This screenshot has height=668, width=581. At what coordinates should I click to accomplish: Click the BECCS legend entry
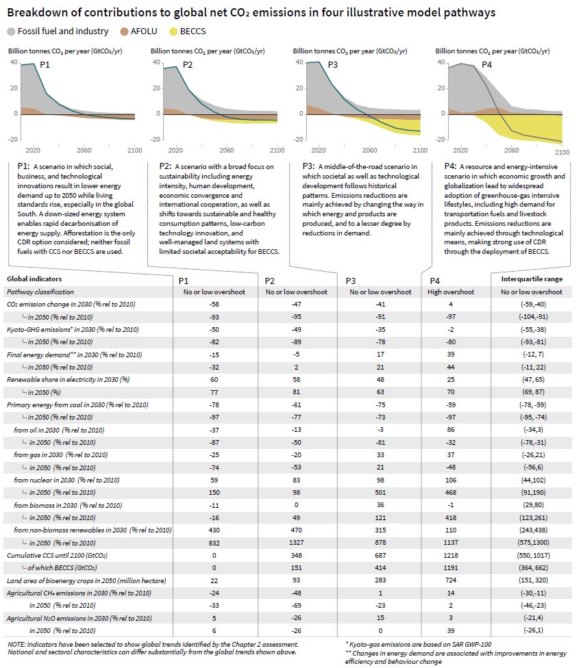pos(188,31)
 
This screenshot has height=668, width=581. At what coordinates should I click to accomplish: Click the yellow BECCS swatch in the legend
pos(173,31)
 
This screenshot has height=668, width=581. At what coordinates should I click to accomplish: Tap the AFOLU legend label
pos(144,31)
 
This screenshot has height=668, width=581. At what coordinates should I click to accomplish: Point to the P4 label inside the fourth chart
pos(486,65)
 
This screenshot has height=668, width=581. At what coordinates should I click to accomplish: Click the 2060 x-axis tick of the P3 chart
pos(369,151)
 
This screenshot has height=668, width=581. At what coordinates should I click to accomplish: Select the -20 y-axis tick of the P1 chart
pos(13,140)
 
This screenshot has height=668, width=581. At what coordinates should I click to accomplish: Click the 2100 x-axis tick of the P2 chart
pos(277,151)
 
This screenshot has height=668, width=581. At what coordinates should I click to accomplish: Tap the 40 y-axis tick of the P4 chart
pos(441,62)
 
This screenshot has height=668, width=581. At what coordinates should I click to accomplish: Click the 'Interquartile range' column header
pos(532,279)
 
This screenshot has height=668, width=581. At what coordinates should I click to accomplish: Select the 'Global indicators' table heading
pos(34,279)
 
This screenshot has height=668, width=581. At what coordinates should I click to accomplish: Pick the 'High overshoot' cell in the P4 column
pos(451,292)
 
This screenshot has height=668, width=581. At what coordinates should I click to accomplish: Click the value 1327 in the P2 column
pos(296,542)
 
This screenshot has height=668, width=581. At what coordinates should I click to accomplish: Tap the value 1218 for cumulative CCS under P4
pos(450,555)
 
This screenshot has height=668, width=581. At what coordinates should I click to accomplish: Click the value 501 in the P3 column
pos(380,493)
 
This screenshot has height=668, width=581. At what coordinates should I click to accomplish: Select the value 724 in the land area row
pos(450,580)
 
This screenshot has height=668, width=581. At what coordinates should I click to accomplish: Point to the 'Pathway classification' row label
pos(40,292)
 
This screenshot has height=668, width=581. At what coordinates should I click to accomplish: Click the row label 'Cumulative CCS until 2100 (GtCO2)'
pos(57,556)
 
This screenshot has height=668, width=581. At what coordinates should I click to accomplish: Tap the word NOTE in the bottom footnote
pos(16,645)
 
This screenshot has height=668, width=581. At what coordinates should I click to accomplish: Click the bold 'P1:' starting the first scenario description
pos(23,166)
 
